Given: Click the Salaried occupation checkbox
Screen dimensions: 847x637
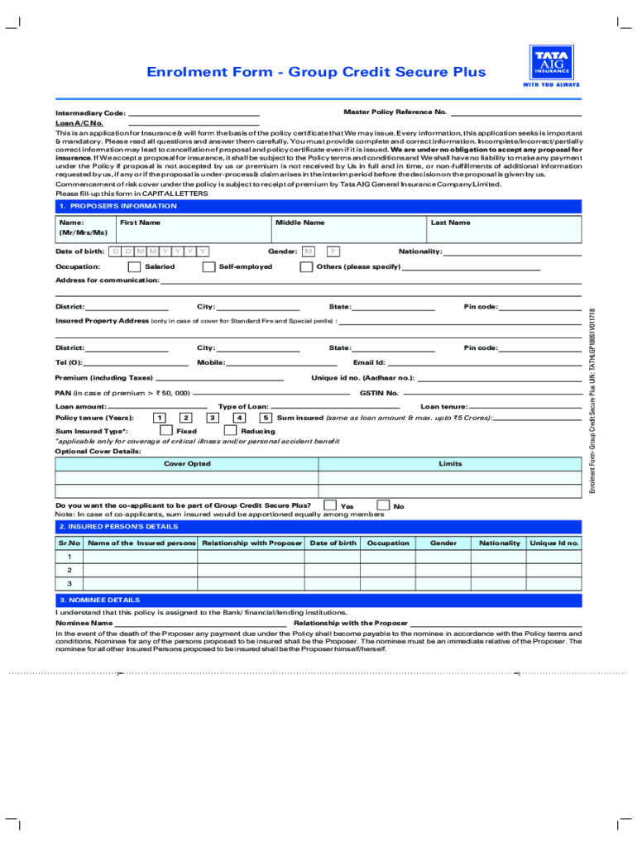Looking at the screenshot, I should pyautogui.click(x=134, y=267).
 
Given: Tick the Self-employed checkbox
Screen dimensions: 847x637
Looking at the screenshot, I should pyautogui.click(x=208, y=267).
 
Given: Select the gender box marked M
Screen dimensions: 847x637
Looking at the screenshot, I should pyautogui.click(x=309, y=251).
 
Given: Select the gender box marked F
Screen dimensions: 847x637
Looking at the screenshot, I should pyautogui.click(x=333, y=251).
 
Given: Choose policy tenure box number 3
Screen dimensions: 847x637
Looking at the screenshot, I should pyautogui.click(x=213, y=418).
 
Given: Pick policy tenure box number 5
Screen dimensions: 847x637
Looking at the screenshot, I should pyautogui.click(x=266, y=418).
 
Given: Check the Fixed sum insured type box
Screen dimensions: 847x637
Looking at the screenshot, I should pyautogui.click(x=165, y=431).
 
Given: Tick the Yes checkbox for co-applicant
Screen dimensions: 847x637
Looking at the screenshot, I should pyautogui.click(x=330, y=505).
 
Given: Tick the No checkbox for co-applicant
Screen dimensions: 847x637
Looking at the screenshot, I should pyautogui.click(x=383, y=505).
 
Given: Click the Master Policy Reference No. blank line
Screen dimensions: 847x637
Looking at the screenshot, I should pyautogui.click(x=516, y=113).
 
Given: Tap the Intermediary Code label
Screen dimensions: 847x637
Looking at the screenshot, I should pyautogui.click(x=90, y=113).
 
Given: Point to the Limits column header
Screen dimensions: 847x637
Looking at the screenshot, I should pyautogui.click(x=450, y=464).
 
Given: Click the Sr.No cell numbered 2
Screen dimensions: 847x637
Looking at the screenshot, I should pyautogui.click(x=69, y=571).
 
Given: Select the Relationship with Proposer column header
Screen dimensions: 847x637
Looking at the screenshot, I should pyautogui.click(x=251, y=543).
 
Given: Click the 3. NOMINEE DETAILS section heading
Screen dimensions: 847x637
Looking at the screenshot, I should pyautogui.click(x=98, y=600).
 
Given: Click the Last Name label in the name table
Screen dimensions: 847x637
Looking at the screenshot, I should pyautogui.click(x=450, y=223).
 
